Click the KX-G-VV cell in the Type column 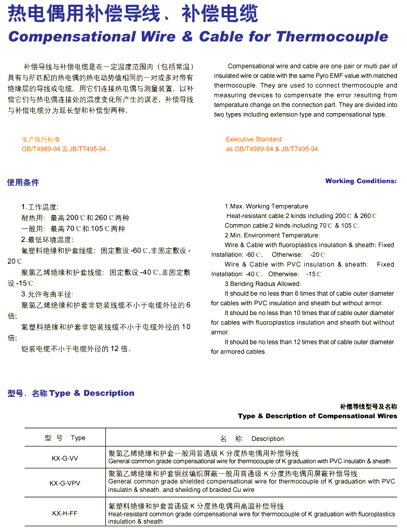click(65, 458)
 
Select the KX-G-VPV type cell click(65, 483)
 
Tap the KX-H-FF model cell click(65, 513)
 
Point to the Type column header click(65, 438)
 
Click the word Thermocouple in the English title click(332, 37)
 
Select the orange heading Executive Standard click(254, 139)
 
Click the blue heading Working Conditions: click(361, 181)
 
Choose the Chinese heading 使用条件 click(23, 182)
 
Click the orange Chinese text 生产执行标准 click(41, 140)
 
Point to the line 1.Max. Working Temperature click(266, 207)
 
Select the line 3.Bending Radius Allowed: click(262, 284)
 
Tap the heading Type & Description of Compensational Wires click(317, 416)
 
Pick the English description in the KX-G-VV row click(249, 462)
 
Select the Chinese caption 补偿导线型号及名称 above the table click(368, 406)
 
